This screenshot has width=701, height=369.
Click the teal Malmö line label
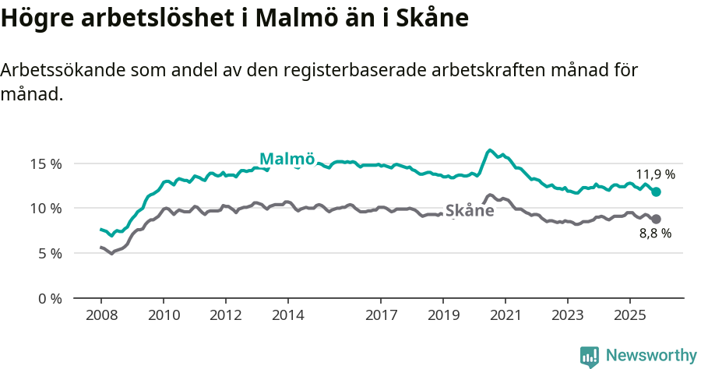[287, 159]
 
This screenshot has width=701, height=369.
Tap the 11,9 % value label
[655, 174]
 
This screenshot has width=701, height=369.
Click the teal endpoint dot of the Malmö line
[656, 192]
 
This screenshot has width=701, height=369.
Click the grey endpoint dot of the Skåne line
[656, 219]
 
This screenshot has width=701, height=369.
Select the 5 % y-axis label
[49, 253]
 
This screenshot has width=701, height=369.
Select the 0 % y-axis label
[49, 298]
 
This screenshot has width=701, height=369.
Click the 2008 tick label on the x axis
[101, 315]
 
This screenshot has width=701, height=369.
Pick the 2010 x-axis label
[164, 315]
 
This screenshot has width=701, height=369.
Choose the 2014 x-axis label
[287, 315]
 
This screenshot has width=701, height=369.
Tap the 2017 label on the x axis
[381, 315]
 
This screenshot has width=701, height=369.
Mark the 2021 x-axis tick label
[505, 315]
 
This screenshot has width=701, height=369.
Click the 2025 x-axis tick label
[629, 315]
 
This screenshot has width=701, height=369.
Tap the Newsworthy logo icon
[590, 356]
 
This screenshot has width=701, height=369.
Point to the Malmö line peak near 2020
[490, 150]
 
